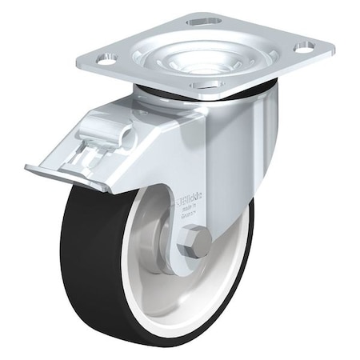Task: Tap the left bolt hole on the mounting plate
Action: pyautogui.click(x=107, y=58)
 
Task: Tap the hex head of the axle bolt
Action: pyautogui.click(x=194, y=241)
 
